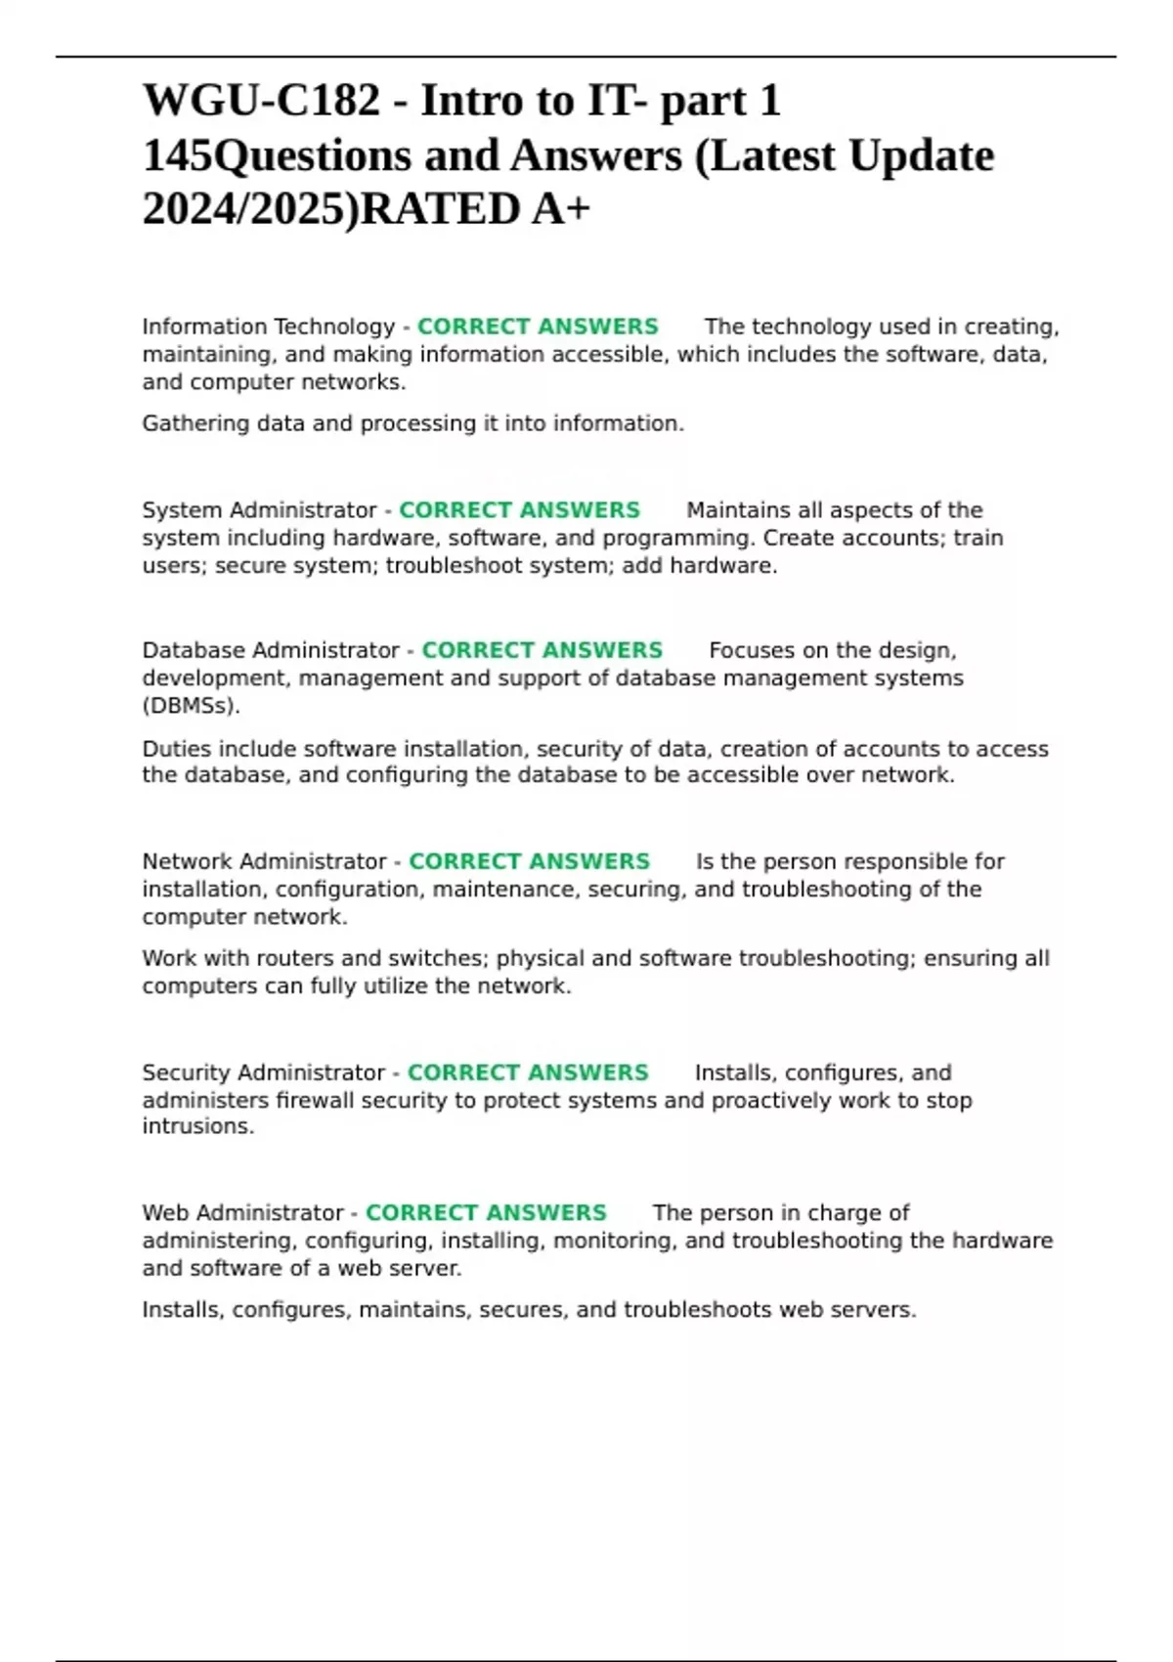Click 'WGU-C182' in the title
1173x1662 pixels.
point(261,101)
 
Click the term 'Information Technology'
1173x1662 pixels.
point(268,327)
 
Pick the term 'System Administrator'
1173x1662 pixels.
point(259,510)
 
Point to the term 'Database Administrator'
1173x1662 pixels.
point(271,651)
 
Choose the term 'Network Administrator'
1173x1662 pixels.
point(264,861)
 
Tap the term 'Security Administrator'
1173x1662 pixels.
point(264,1072)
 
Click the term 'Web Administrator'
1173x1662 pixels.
point(242,1213)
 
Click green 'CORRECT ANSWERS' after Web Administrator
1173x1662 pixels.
point(486,1213)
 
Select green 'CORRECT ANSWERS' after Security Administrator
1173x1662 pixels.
point(528,1072)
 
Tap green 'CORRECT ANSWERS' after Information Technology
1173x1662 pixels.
point(538,327)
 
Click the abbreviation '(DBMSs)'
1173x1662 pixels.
point(191,706)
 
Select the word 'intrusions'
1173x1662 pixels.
point(196,1126)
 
